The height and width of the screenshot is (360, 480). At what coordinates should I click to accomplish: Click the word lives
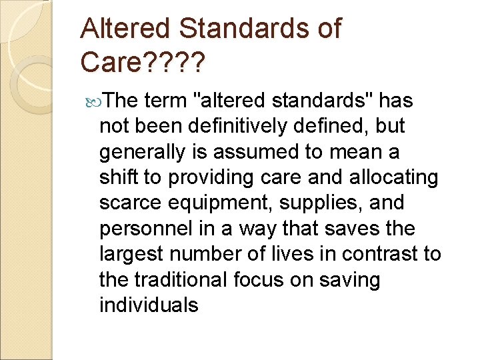click(291, 254)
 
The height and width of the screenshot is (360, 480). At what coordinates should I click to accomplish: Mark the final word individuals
click(149, 305)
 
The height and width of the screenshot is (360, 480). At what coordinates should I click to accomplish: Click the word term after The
click(165, 101)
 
